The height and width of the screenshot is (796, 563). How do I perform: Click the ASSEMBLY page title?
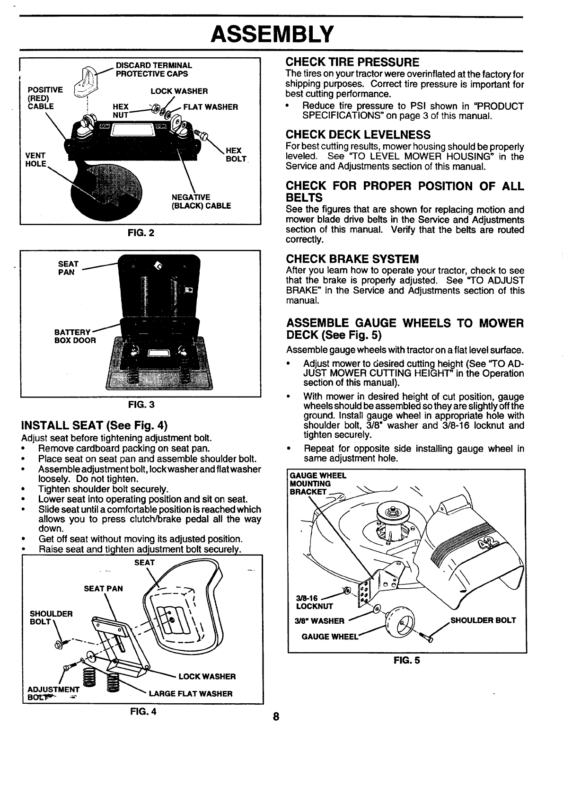click(272, 34)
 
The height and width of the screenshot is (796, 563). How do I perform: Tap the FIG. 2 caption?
click(141, 233)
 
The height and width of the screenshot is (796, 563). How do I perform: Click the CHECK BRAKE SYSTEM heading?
click(352, 259)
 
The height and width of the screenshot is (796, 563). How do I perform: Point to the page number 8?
click(276, 716)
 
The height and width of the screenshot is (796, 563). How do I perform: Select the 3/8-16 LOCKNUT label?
click(314, 602)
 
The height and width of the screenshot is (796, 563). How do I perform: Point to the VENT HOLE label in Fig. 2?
click(36, 159)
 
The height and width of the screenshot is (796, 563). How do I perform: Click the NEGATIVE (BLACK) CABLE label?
click(201, 202)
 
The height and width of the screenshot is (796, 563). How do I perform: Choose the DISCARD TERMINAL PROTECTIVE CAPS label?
click(154, 70)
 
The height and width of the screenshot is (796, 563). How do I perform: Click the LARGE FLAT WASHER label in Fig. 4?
click(190, 694)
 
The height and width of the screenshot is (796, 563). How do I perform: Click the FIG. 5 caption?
click(406, 661)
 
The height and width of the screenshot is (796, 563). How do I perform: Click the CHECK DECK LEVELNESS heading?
click(358, 134)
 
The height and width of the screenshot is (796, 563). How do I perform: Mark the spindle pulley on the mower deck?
click(392, 512)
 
